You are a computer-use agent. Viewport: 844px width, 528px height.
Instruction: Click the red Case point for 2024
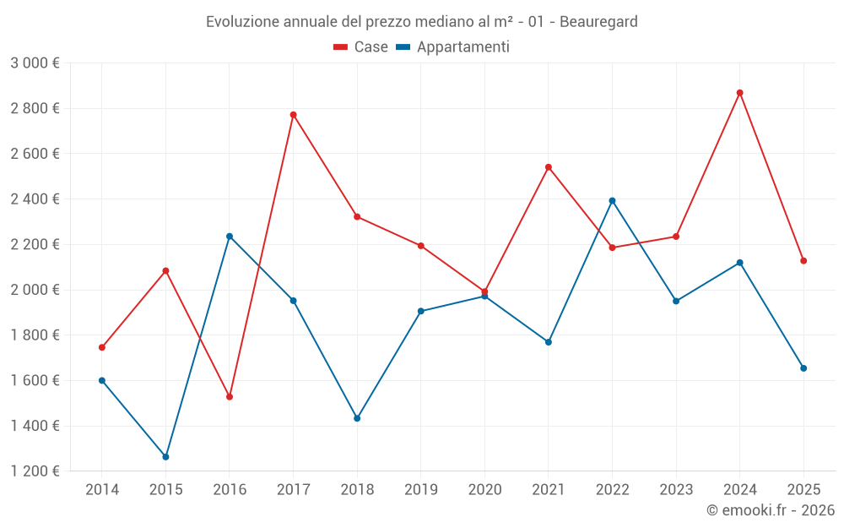(x=739, y=93)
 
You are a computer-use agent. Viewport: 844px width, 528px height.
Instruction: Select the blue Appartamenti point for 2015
(x=165, y=457)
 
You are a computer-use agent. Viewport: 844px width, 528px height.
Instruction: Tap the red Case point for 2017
(x=294, y=115)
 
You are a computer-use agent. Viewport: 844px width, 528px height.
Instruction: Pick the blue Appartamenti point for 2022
(x=612, y=201)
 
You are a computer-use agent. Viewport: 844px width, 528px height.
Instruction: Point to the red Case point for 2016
(x=230, y=397)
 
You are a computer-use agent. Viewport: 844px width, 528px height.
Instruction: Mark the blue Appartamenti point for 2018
(x=357, y=418)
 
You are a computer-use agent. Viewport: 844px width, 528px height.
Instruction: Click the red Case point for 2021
(x=549, y=167)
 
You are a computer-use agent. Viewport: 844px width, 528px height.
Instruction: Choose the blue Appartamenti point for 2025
(x=803, y=368)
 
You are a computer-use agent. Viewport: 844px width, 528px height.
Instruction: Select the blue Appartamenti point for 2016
(x=230, y=237)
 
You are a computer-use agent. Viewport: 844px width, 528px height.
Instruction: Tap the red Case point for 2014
(x=102, y=347)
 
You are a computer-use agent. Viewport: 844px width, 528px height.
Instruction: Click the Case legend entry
(x=361, y=47)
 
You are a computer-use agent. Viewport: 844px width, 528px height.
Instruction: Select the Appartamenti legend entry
(x=453, y=47)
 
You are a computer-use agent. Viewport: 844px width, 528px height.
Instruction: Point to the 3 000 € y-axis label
(x=35, y=63)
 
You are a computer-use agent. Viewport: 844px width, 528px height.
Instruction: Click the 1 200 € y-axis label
(x=35, y=471)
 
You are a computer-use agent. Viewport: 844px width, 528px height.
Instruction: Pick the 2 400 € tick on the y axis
(x=35, y=199)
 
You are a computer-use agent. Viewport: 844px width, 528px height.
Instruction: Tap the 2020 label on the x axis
(x=484, y=490)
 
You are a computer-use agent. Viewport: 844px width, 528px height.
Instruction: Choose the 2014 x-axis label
(x=102, y=490)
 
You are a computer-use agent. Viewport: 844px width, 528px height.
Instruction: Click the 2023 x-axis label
(x=676, y=490)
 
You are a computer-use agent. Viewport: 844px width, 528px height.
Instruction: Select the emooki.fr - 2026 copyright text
(x=771, y=510)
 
